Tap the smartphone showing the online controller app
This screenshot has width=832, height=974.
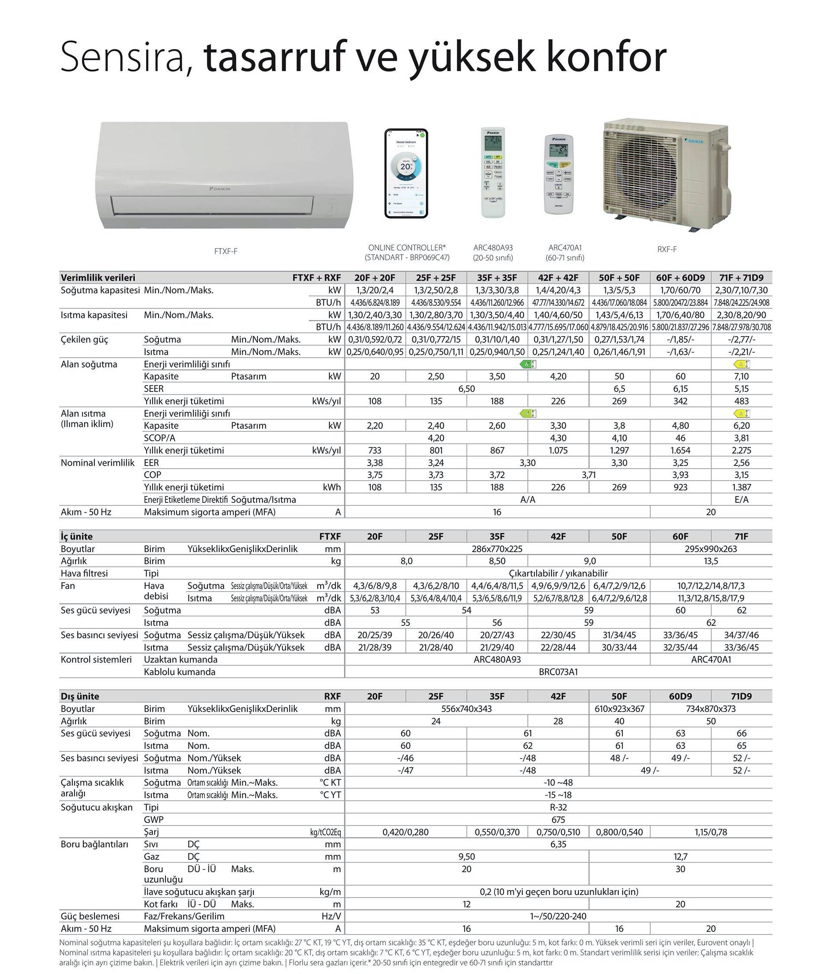click(406, 174)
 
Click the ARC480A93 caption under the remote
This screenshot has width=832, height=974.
click(493, 248)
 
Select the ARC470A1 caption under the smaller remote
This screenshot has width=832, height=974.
click(565, 248)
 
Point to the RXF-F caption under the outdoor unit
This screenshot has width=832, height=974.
click(667, 249)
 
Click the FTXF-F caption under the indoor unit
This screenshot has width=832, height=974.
click(226, 252)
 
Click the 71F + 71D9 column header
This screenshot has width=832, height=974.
click(741, 278)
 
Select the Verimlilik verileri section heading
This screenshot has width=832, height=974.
click(98, 278)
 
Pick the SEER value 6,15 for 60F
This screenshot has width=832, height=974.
click(680, 389)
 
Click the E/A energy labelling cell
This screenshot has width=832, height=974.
click(741, 500)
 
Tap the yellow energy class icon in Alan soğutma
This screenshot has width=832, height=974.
click(741, 364)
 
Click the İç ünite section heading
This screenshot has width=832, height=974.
click(77, 536)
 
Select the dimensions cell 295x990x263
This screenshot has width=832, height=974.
click(711, 549)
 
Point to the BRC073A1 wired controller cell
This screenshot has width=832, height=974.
click(558, 672)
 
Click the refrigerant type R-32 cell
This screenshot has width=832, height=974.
click(558, 807)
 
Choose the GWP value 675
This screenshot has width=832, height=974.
click(558, 819)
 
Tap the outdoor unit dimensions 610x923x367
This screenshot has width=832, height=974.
click(619, 709)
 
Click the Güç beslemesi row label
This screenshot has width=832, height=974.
click(90, 916)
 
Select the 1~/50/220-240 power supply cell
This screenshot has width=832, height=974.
click(558, 916)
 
